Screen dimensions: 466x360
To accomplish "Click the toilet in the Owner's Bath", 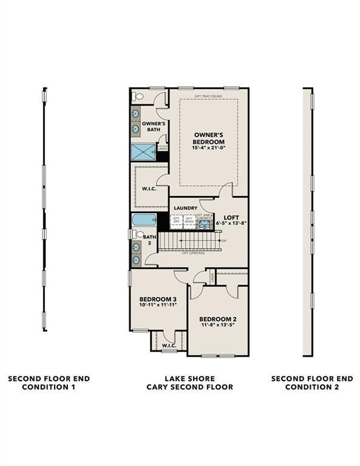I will click(137, 96).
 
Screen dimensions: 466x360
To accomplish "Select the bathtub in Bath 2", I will click(144, 220).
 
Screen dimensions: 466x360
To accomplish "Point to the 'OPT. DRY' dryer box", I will click(177, 221).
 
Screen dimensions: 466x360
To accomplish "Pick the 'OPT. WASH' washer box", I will click(189, 221).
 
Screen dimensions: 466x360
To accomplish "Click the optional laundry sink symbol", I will click(205, 223).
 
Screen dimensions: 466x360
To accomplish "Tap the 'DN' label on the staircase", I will click(223, 241).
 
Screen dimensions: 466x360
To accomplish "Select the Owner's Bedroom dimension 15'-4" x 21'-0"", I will click(209, 147).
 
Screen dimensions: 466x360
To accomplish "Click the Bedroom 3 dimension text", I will click(158, 305).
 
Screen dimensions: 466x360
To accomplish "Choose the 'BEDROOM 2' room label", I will click(217, 319).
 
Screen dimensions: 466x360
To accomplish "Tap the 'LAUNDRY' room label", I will click(185, 208).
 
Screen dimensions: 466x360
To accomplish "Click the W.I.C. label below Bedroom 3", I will click(168, 346).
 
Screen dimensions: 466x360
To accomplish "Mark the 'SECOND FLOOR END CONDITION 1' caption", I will click(49, 382).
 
